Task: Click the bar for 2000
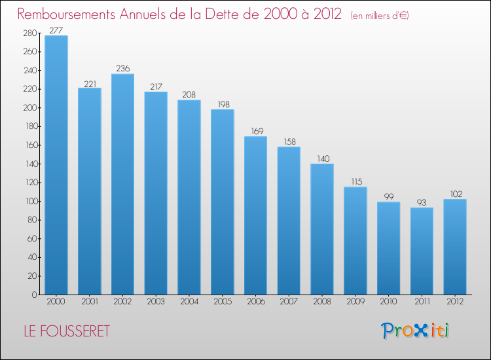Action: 56,165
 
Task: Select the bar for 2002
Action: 122,184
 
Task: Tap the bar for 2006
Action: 255,215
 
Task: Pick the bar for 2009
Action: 355,241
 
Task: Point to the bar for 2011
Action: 422,251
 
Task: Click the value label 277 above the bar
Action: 56,30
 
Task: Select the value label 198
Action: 222,104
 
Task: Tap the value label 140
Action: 322,158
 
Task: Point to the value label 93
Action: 422,202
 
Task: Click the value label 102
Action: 455,194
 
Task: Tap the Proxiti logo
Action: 415,331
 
